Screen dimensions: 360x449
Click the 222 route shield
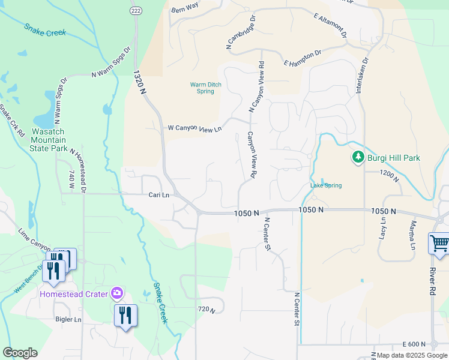click(136, 11)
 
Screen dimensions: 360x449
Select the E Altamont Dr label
click(330, 25)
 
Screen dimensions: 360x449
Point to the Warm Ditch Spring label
click(206, 88)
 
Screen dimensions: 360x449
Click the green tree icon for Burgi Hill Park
click(358, 157)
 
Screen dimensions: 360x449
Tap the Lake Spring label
click(326, 185)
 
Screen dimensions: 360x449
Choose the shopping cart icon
click(439, 244)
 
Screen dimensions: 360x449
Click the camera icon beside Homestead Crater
click(117, 293)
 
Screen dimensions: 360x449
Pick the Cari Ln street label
click(159, 195)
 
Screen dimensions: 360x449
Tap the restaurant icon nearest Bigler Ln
click(125, 315)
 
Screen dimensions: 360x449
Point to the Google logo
click(20, 353)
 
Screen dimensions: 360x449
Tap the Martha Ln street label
click(412, 235)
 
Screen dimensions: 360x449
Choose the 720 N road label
click(206, 309)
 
